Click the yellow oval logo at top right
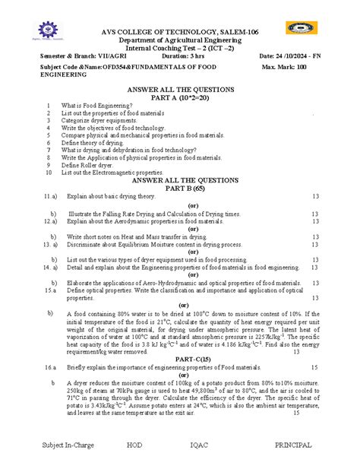pyautogui.click(x=302, y=28)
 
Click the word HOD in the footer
pyautogui.click(x=134, y=444)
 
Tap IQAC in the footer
pyautogui.click(x=207, y=444)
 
